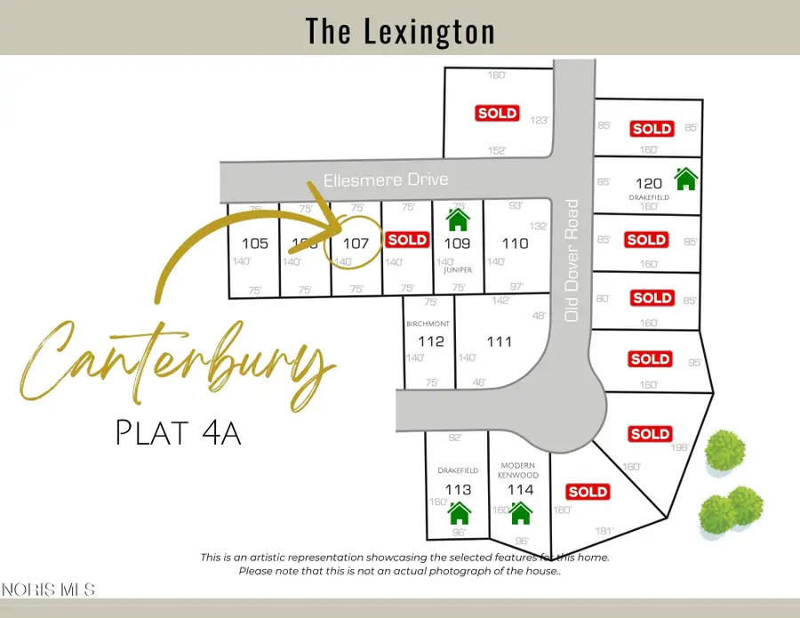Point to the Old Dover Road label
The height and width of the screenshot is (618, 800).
572,260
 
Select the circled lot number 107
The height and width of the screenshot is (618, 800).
356,243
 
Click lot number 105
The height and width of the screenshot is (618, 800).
254,243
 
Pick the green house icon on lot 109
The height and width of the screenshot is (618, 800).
458,219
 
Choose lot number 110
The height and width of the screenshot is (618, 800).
516,243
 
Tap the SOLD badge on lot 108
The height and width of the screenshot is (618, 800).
408,239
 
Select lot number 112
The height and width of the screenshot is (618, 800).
430,341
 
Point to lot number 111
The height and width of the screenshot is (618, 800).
500,341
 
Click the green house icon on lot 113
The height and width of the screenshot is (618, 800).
459,513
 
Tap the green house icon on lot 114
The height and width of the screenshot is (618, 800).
520,513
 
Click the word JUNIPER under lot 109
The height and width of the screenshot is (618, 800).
459,269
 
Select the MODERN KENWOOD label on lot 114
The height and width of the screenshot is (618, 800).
520,470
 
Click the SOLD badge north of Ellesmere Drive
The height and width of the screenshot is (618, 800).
497,113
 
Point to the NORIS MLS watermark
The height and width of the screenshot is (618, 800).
48,589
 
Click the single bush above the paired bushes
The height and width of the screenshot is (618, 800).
724,450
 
